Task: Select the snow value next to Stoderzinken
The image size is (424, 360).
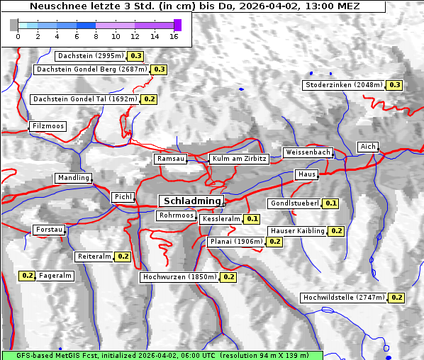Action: pos(395,85)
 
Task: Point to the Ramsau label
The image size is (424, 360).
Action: pos(171,159)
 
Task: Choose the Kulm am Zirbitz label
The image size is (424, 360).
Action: pos(240,159)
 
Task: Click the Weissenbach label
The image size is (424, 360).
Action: pos(307,152)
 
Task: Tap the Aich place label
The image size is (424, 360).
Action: pos(368,147)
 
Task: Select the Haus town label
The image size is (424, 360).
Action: pos(306,174)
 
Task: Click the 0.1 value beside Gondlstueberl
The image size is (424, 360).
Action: pos(331,203)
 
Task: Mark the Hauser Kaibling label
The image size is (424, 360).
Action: pos(297,231)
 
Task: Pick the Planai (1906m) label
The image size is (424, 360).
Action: pos(236,242)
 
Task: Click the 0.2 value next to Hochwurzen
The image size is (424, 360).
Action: pos(228,277)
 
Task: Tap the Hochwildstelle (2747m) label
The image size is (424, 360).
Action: pos(343,298)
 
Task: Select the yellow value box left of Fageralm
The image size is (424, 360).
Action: pos(28,276)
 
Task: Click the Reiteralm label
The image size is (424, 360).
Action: pos(94,257)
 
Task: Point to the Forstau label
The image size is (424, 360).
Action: pos(50,230)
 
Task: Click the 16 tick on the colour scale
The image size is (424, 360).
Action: pos(173,35)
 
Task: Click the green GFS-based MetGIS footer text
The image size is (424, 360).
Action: pos(162,354)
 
